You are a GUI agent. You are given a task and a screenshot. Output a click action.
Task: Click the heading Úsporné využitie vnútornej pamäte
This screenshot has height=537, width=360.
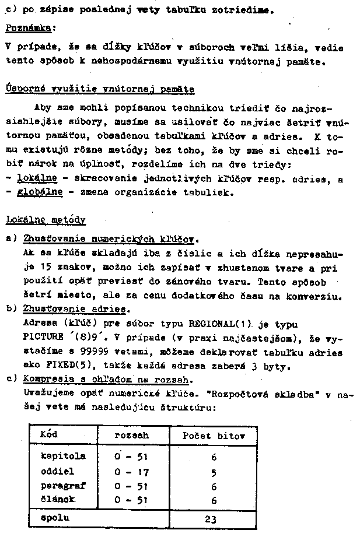tap(100, 89)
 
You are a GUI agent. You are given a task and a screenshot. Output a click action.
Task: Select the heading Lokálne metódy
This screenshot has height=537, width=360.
tap(46, 220)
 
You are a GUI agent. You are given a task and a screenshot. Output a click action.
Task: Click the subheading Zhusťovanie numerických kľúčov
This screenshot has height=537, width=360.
tap(111, 239)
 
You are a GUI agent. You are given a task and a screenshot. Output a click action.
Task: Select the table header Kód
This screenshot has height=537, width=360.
tap(49, 435)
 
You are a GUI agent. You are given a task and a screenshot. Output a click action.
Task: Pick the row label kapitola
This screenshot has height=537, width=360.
tap(64, 455)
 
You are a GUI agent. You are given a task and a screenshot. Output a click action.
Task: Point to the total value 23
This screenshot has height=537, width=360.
tap(213, 518)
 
